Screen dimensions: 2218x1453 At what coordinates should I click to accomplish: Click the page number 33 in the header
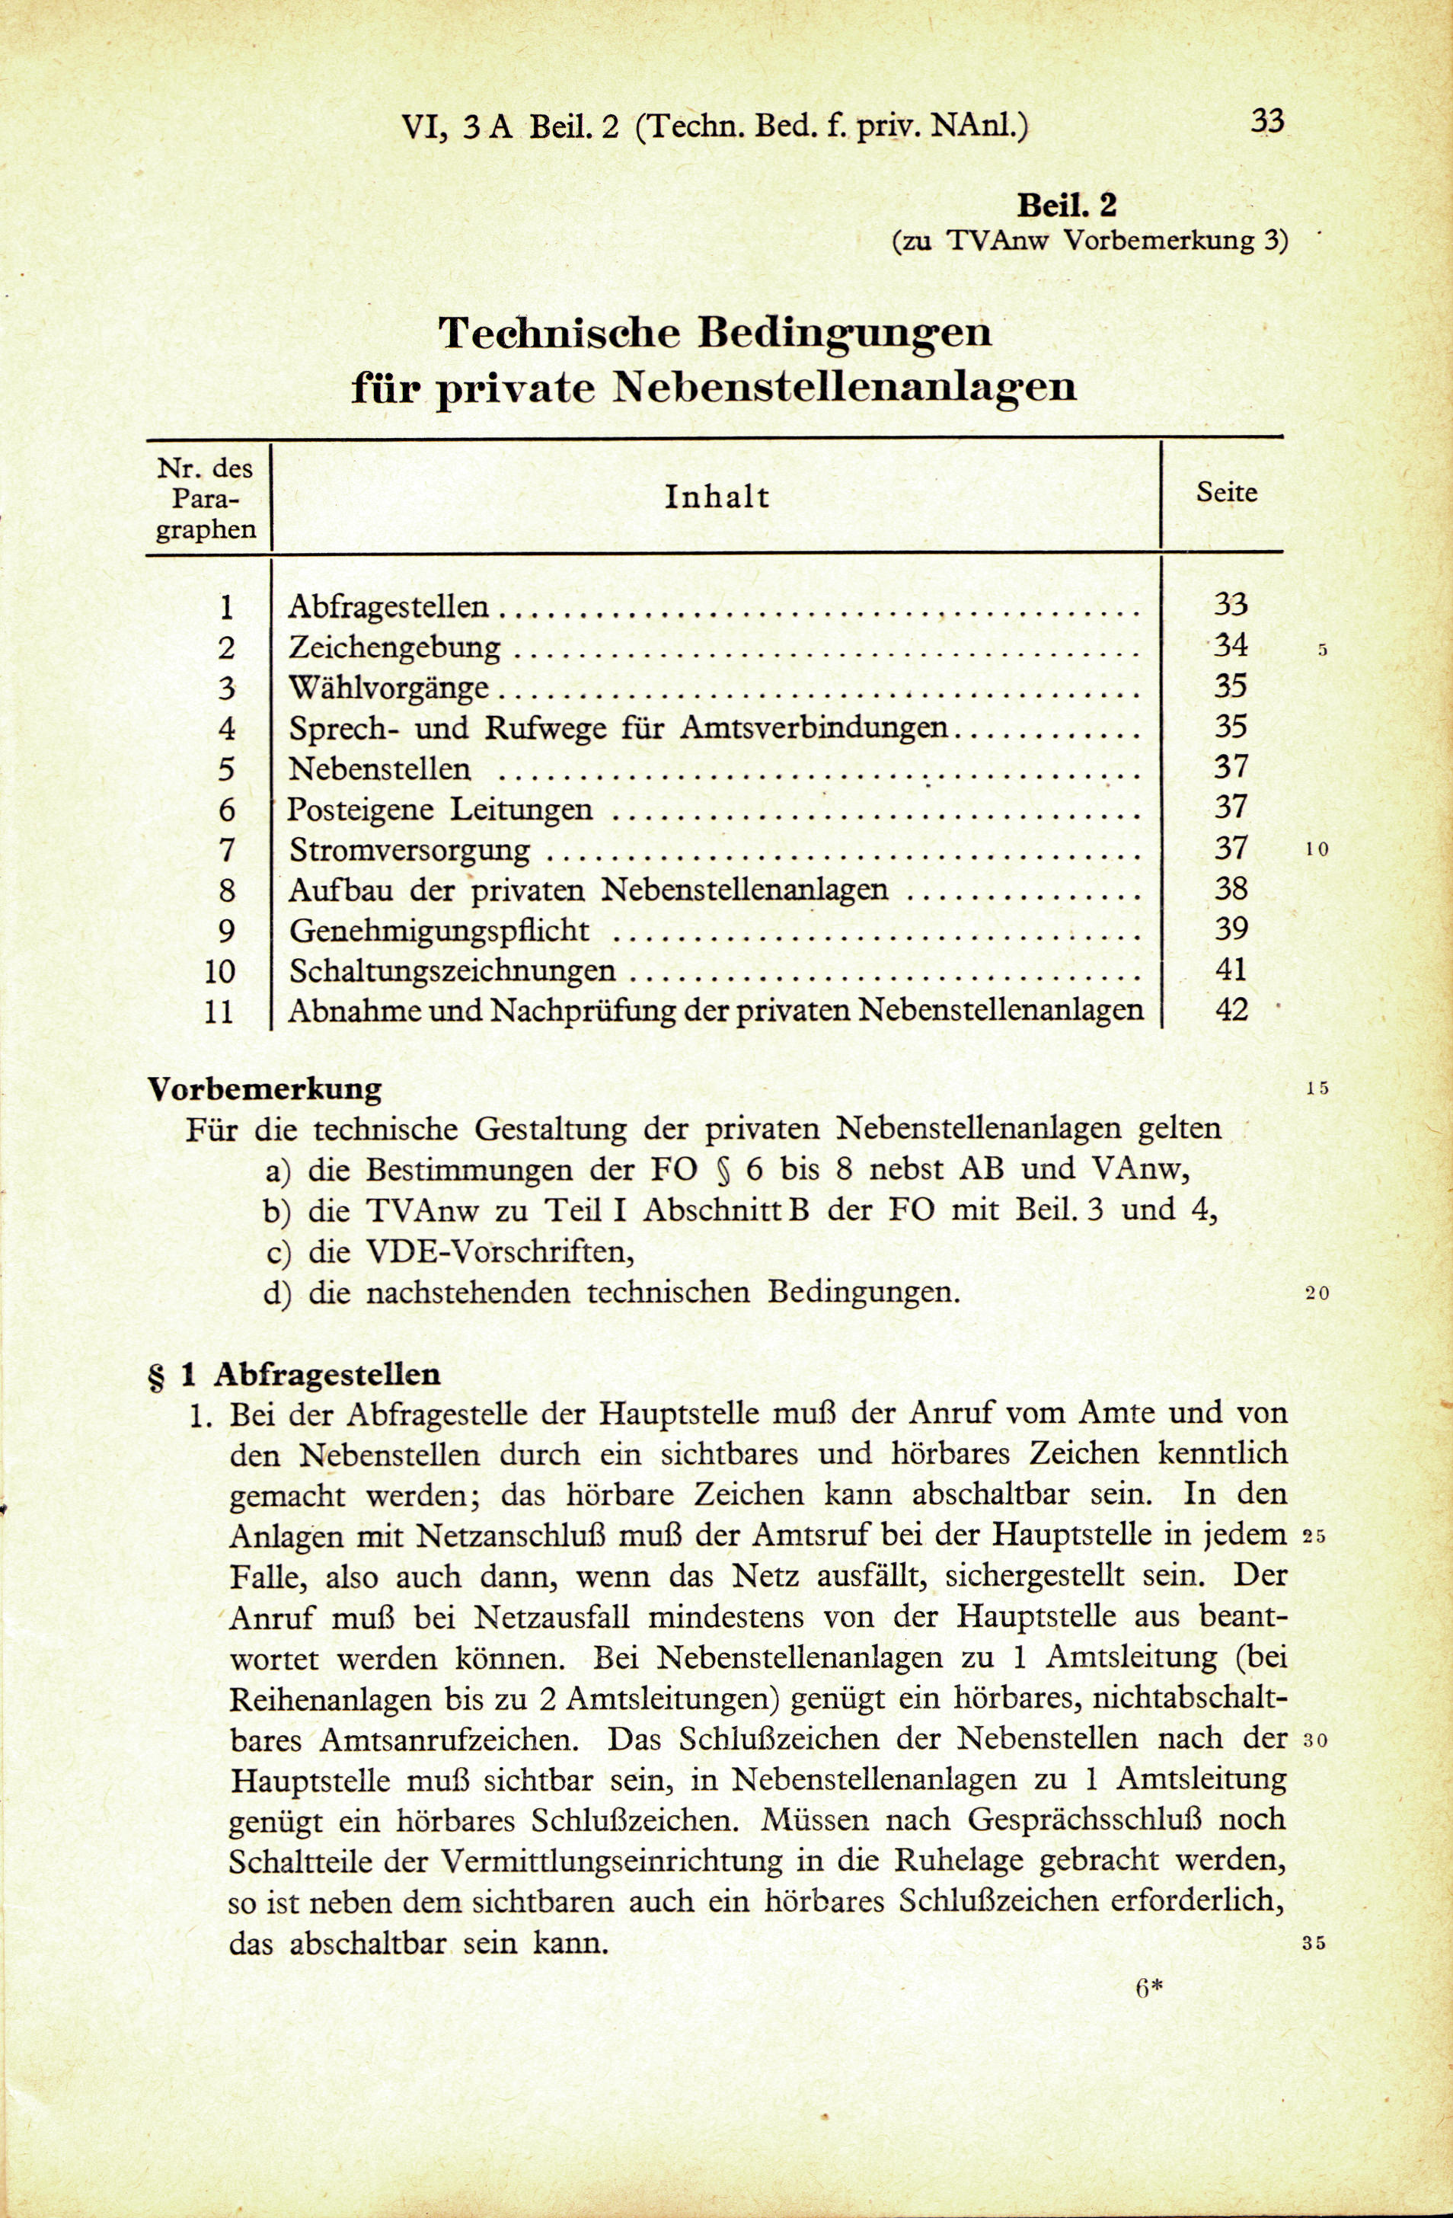pos(1266,120)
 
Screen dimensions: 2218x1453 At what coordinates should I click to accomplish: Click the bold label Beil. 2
pos(1066,204)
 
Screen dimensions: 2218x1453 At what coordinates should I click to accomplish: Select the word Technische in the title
pos(558,333)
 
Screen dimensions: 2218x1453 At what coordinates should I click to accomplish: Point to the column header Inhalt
pos(717,497)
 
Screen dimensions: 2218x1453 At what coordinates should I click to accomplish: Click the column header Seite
pos(1227,492)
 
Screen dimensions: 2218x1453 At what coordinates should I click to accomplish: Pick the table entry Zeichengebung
pos(394,647)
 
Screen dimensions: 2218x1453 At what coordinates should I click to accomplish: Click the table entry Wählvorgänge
pos(388,689)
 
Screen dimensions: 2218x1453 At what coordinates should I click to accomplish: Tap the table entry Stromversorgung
pos(409,850)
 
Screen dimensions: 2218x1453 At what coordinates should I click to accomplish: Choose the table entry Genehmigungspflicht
pos(439,931)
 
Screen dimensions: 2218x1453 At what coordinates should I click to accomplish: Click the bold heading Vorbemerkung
pos(266,1088)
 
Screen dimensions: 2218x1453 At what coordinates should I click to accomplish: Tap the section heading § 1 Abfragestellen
pos(295,1373)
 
